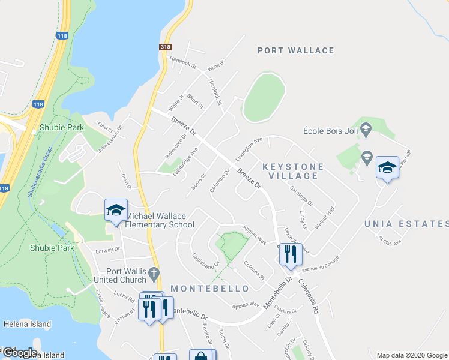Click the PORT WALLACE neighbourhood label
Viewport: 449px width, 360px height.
pos(295,50)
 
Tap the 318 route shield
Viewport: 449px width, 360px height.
pos(167,47)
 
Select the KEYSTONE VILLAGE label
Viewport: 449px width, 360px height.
pos(294,171)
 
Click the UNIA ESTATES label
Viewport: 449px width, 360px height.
pos(406,224)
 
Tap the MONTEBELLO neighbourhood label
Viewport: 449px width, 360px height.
pos(210,289)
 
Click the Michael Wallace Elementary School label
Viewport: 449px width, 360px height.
pos(160,220)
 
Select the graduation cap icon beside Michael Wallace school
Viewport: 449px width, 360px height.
pos(116,210)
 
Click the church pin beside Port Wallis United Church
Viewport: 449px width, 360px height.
pos(154,274)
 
